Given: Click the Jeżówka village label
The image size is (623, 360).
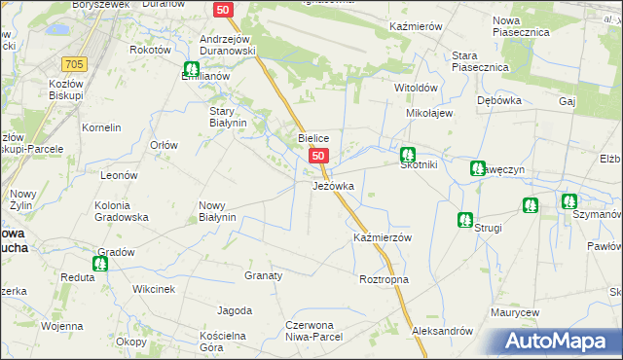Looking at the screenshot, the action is [x=339, y=185].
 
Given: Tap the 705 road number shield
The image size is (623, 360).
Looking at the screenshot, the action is [x=73, y=64].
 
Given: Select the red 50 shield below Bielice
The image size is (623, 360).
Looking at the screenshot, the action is [x=318, y=156].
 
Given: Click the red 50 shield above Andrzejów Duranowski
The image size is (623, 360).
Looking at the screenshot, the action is [x=224, y=9].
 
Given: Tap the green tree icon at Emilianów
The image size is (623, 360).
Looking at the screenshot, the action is [x=192, y=70].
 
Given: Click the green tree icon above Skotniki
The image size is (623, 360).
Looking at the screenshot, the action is [x=408, y=154].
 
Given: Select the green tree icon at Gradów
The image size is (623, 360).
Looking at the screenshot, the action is [x=100, y=263].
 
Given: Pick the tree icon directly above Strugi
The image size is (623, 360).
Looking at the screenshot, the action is [x=464, y=220].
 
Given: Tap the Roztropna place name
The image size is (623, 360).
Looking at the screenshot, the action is [x=384, y=280].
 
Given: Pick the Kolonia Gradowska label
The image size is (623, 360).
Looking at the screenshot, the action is [x=121, y=211].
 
